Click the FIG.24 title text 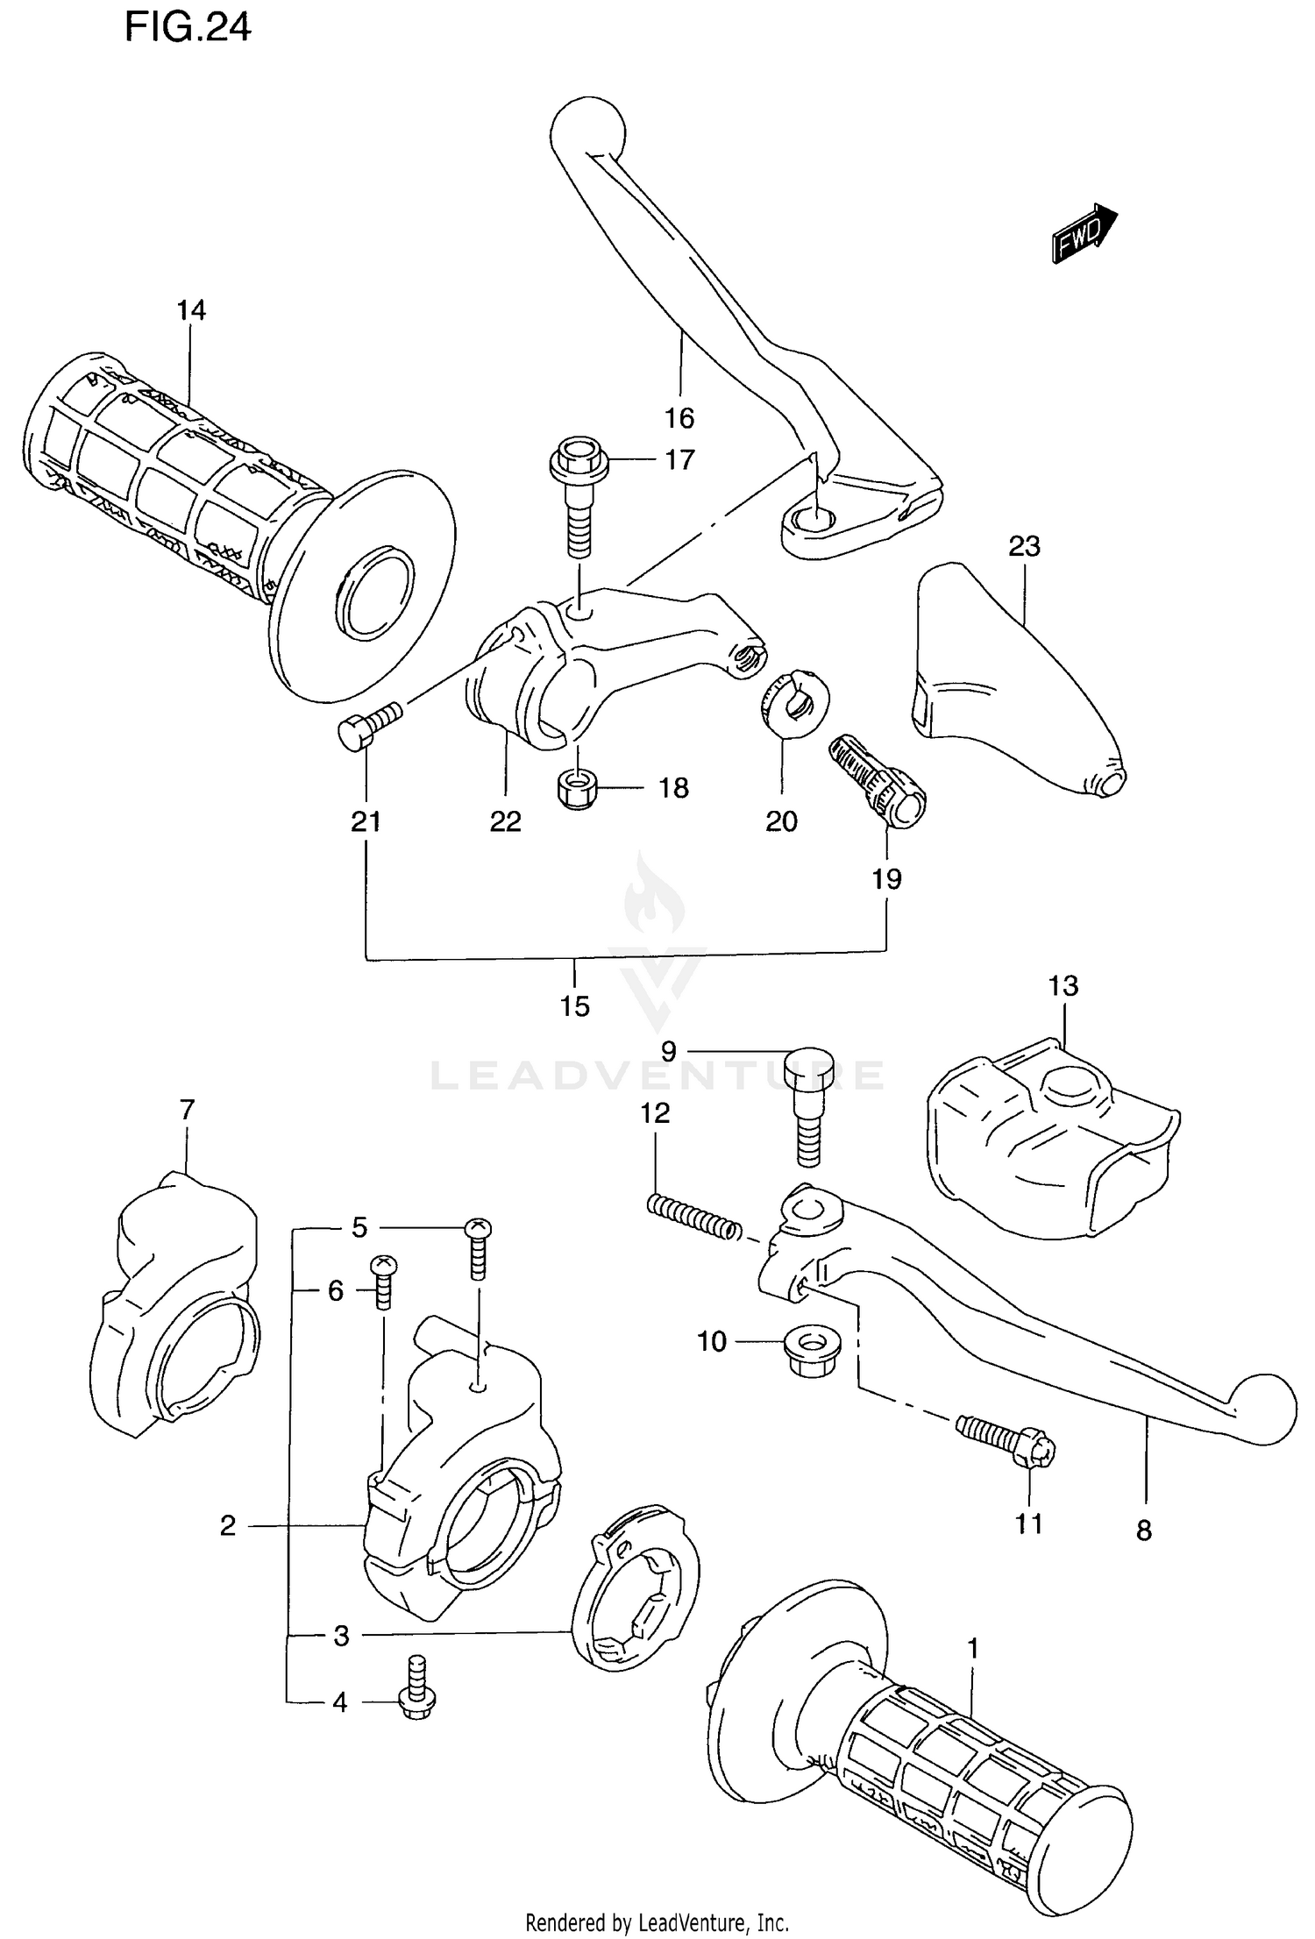[x=188, y=27]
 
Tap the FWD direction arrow [x=1084, y=235]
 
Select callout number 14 [x=190, y=310]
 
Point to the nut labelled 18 [x=577, y=790]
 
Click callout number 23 [x=1024, y=547]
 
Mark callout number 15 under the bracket [x=575, y=1006]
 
